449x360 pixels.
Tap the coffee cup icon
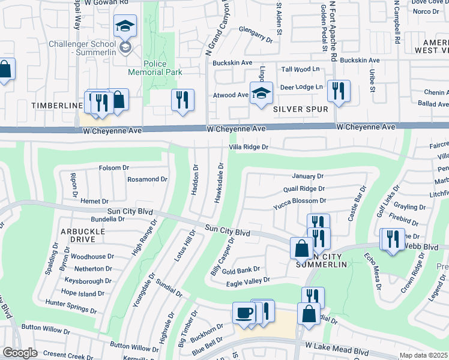pos(244,313)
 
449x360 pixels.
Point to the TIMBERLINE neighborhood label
pos(56,106)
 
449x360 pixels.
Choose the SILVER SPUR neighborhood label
pos(300,109)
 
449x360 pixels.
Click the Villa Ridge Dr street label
pos(247,147)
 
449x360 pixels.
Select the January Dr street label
pos(307,176)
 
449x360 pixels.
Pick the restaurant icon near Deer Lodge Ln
pos(339,92)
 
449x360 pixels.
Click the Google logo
pos(19,353)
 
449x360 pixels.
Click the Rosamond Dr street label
pos(146,179)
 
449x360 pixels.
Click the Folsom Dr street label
pos(113,167)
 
